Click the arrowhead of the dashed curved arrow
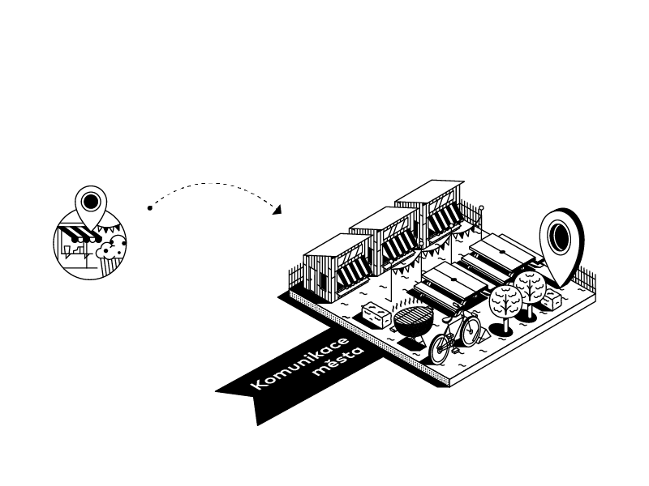click(x=277, y=211)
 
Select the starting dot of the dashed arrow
click(x=150, y=208)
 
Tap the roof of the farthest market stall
click(x=430, y=191)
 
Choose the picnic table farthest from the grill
click(x=505, y=247)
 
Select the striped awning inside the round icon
click(x=80, y=236)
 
